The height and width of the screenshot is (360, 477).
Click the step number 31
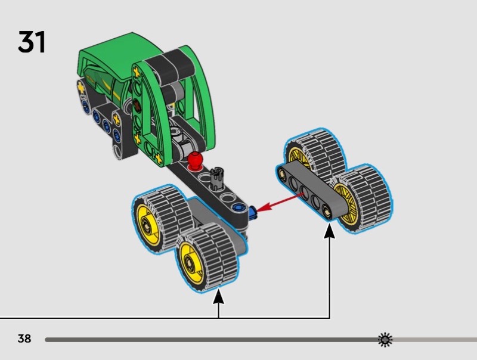pos(32,42)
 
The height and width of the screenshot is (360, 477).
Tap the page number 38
pos(24,339)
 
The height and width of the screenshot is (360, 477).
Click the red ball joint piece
pos(195,160)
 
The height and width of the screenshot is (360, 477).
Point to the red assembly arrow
pos(280,202)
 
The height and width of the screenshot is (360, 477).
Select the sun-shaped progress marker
pos(385,340)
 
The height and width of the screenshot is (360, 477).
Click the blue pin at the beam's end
pos(253,213)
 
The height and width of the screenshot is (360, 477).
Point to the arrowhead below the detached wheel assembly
pos(329,231)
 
